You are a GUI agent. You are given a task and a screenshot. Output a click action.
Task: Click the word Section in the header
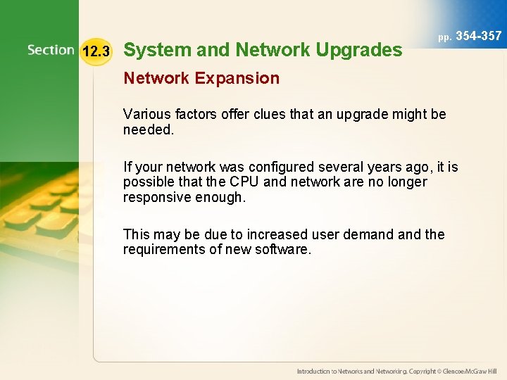click(51, 50)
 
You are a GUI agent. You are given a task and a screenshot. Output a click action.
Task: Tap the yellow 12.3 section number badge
click(96, 51)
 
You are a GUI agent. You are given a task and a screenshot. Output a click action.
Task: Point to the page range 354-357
click(479, 36)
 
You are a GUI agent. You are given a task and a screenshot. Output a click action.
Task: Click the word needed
click(148, 129)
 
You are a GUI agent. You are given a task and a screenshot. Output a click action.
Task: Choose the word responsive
click(159, 197)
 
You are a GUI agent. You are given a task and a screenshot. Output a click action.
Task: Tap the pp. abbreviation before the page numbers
click(444, 37)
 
